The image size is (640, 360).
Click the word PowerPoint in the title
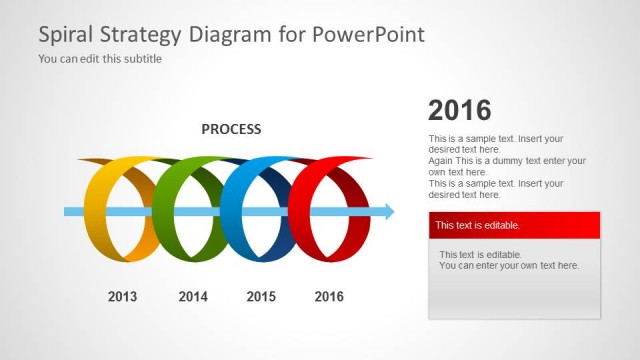369,34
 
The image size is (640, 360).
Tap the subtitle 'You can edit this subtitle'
100,59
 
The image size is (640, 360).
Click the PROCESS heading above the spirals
231,129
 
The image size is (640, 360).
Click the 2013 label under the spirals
122,296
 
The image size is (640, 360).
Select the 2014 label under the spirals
193,296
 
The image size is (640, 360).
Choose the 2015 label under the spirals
261,296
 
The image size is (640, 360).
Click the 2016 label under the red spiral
329,296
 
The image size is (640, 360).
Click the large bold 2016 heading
459,111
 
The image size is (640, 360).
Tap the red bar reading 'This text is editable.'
514,225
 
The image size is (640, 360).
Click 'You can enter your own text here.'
509,265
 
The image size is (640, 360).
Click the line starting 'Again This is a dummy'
506,160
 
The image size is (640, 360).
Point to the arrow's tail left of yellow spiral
70,211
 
